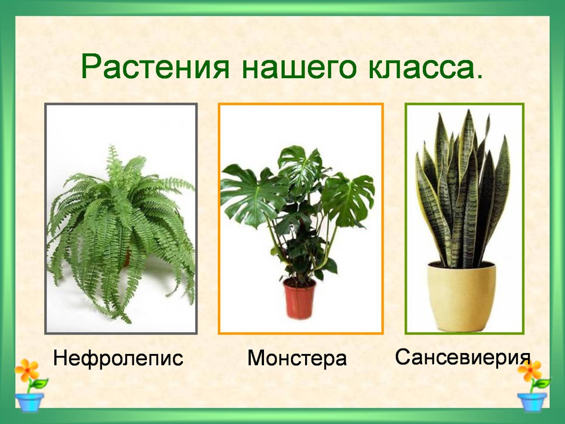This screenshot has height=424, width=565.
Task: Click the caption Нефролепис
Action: [x=118, y=358]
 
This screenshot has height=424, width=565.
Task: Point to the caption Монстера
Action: [x=297, y=358]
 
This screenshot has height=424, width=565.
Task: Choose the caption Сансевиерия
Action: [x=462, y=357]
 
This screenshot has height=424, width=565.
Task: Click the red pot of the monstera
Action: [x=299, y=298]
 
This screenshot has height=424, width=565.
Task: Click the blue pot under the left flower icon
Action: [x=29, y=401]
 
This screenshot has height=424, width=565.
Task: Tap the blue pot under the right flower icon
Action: [x=532, y=401]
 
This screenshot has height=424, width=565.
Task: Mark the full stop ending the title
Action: [x=479, y=77]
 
